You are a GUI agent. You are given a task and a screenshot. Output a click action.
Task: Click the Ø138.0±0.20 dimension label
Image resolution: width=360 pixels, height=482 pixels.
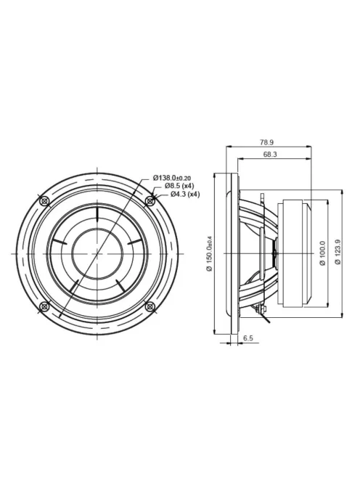[x=172, y=178]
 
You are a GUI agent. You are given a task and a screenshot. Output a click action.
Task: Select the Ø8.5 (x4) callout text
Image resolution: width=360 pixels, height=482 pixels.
[x=179, y=186]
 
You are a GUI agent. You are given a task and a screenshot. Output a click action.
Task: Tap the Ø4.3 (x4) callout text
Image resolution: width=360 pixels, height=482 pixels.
[x=185, y=194]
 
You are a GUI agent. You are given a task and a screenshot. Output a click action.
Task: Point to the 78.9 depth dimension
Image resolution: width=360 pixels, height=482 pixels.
[x=266, y=142]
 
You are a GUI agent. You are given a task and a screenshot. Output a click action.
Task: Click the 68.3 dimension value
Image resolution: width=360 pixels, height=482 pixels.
[x=270, y=155]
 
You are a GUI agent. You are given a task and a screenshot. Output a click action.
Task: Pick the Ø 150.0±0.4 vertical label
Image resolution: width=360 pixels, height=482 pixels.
[x=210, y=253]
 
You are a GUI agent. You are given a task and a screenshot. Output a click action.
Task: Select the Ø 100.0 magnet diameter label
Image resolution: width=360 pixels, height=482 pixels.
[x=322, y=253]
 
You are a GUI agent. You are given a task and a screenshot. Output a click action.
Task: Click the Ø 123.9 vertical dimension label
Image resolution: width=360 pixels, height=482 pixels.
[x=338, y=253]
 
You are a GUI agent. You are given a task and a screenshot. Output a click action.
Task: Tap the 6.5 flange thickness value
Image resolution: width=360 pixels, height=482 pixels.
[x=248, y=338]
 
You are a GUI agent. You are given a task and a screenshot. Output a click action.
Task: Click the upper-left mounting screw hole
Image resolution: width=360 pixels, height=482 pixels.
[x=45, y=201]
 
